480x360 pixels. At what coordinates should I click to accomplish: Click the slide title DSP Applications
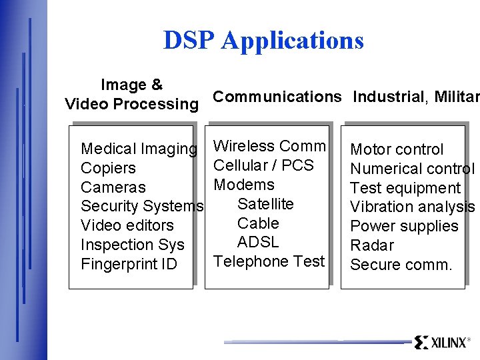click(263, 41)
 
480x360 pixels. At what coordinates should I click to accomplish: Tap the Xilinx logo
click(441, 343)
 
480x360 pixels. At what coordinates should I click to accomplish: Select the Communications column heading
click(277, 97)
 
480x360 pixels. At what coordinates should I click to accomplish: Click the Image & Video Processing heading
click(131, 95)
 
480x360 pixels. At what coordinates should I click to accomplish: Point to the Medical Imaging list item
click(139, 149)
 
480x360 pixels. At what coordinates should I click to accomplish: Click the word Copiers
click(108, 169)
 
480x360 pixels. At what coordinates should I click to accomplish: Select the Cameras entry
click(113, 188)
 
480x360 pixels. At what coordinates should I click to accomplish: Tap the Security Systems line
click(141, 207)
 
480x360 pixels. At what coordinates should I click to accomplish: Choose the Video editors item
click(127, 226)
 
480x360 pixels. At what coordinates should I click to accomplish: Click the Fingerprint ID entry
click(129, 265)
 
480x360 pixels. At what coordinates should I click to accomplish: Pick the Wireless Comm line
click(269, 146)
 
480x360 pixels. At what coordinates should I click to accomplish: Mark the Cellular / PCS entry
click(263, 165)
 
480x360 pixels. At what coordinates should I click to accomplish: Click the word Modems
click(244, 185)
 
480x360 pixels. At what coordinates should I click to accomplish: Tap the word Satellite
click(265, 204)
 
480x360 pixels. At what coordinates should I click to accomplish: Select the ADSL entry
click(258, 242)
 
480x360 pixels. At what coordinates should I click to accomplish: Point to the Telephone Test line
click(269, 261)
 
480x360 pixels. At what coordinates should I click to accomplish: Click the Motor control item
click(397, 150)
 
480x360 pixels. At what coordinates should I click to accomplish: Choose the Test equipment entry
click(405, 189)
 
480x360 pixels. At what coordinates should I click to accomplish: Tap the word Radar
click(372, 246)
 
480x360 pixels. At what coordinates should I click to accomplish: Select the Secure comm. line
click(401, 265)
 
